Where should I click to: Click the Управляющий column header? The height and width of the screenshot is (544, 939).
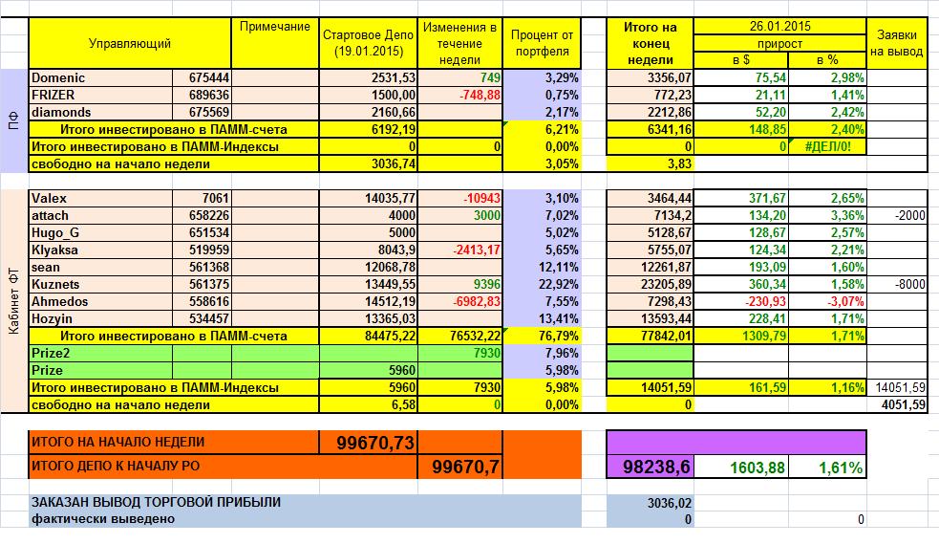pyautogui.click(x=129, y=44)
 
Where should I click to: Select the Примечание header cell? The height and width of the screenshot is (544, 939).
pyautogui.click(x=274, y=27)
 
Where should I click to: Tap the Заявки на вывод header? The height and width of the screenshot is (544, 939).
pyautogui.click(x=897, y=43)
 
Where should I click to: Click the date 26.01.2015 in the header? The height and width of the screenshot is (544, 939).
pyautogui.click(x=779, y=26)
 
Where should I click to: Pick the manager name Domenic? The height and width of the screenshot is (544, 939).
pyautogui.click(x=59, y=76)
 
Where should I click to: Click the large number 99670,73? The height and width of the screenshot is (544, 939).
pyautogui.click(x=374, y=443)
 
